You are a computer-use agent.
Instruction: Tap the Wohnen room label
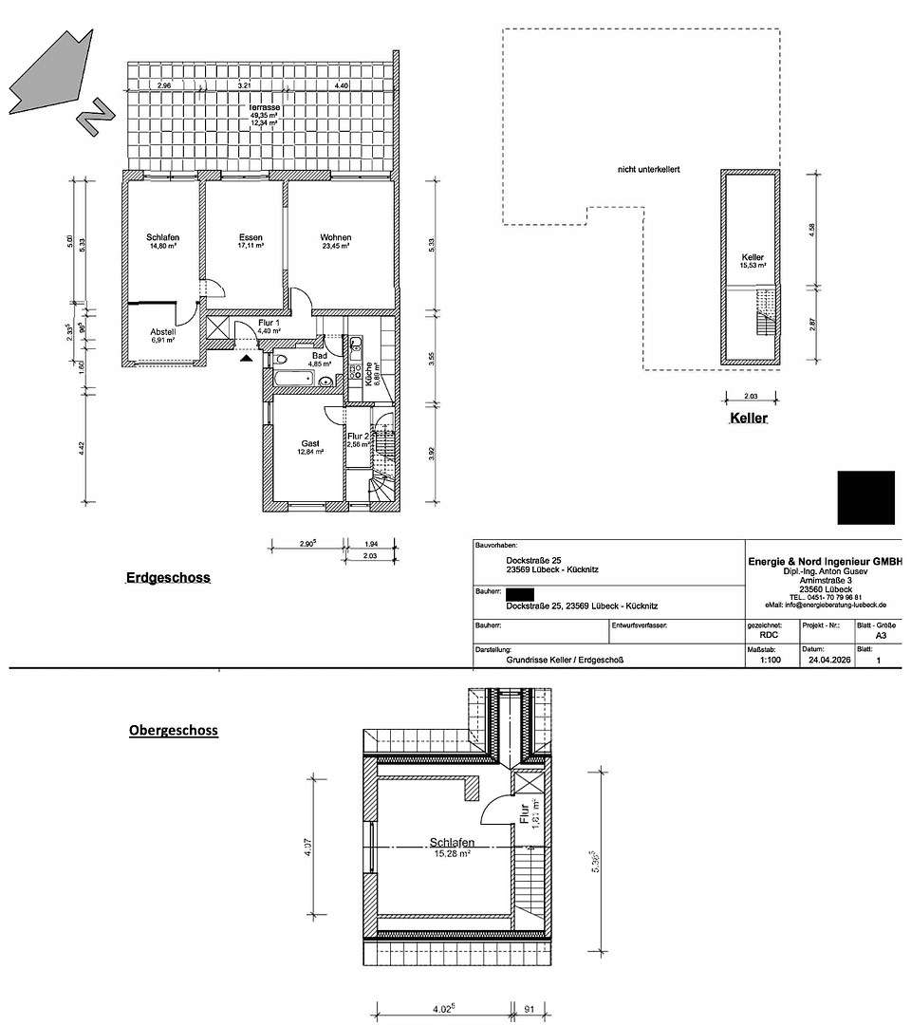point(335,237)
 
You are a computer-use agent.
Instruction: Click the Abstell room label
point(163,332)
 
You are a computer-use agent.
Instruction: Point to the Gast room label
point(310,443)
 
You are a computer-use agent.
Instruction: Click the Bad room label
point(320,356)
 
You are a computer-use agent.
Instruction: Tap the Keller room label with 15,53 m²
point(753,257)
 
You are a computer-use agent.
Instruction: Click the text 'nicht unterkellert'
point(649,170)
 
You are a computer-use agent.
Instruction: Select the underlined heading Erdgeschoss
point(168,577)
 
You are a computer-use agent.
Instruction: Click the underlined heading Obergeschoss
point(174,731)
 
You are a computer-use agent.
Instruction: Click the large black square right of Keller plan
point(865,497)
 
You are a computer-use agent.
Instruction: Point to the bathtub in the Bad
point(293,380)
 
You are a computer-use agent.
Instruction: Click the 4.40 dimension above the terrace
point(342,86)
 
